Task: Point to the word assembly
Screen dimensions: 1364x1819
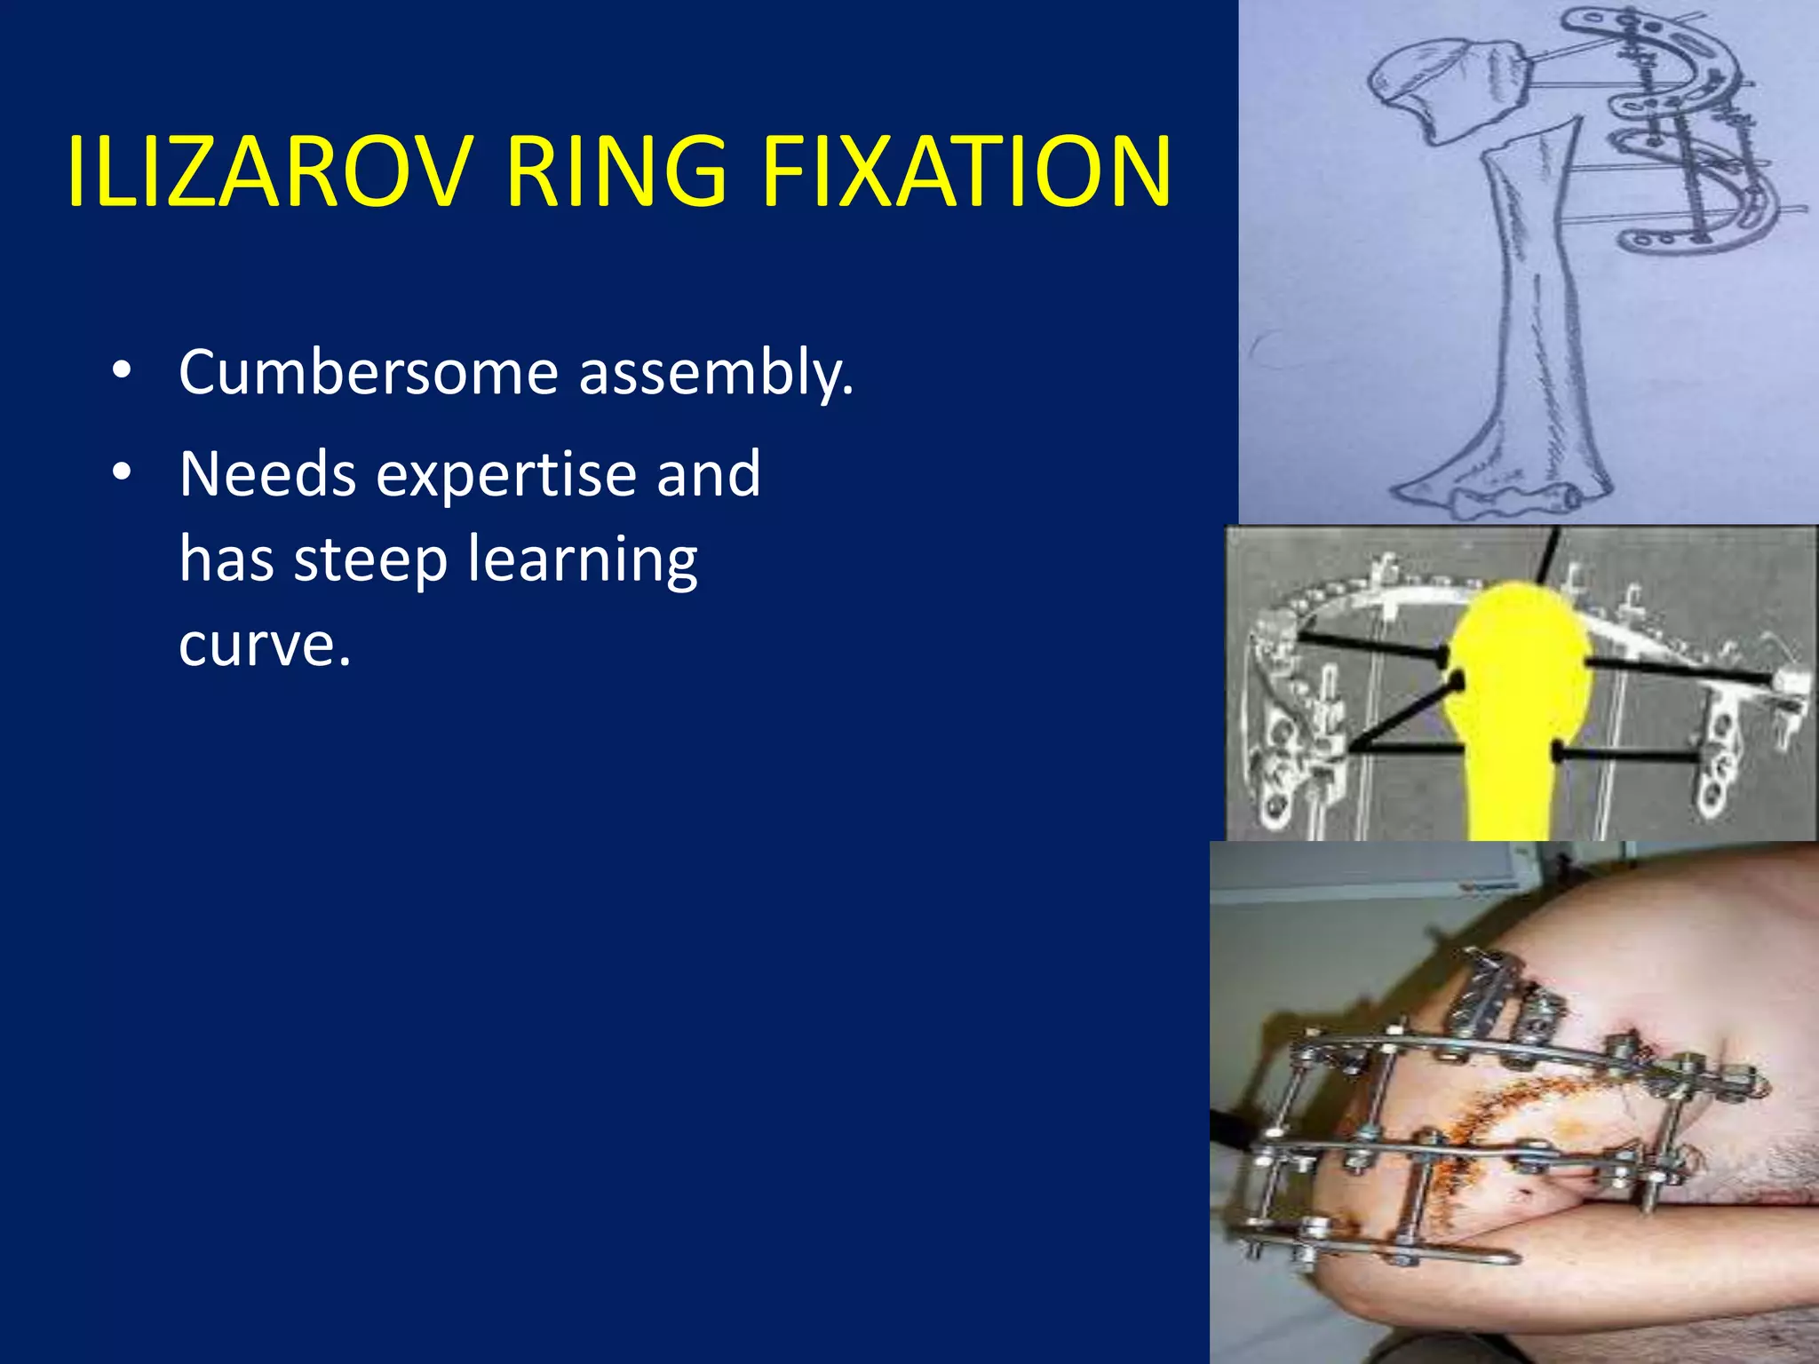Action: pyautogui.click(x=716, y=373)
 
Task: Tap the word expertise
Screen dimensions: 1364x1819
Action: pyautogui.click(x=504, y=476)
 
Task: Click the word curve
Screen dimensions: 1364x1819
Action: pyautogui.click(x=265, y=643)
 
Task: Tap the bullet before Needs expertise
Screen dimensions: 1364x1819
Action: pyautogui.click(x=122, y=472)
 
